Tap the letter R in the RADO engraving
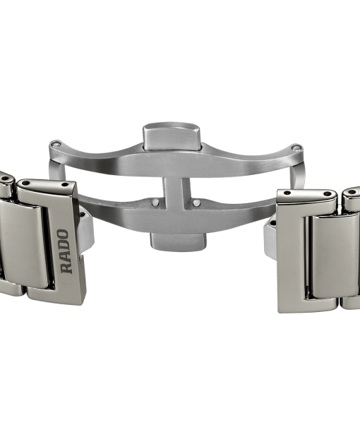pyautogui.click(x=66, y=268)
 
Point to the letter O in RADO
pyautogui.click(x=64, y=234)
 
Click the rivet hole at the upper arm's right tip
pyautogui.click(x=296, y=148)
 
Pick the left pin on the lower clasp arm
pyautogui.click(x=155, y=202)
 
